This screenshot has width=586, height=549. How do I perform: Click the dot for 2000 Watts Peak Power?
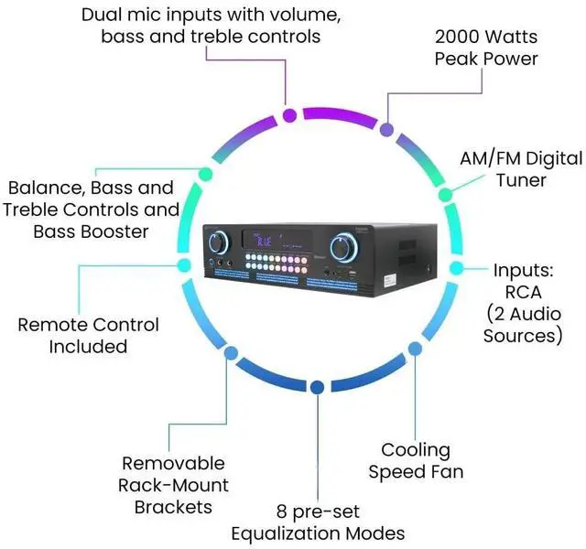[387, 130]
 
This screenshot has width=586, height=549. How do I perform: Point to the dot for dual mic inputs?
[289, 115]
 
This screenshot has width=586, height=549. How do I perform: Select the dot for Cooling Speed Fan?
[414, 349]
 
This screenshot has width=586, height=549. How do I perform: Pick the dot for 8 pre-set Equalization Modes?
[316, 388]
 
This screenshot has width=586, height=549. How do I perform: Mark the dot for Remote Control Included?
[179, 268]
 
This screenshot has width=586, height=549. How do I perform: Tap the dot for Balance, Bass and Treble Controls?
[205, 173]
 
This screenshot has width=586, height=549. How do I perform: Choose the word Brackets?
[175, 506]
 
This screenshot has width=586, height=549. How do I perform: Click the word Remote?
[56, 325]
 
